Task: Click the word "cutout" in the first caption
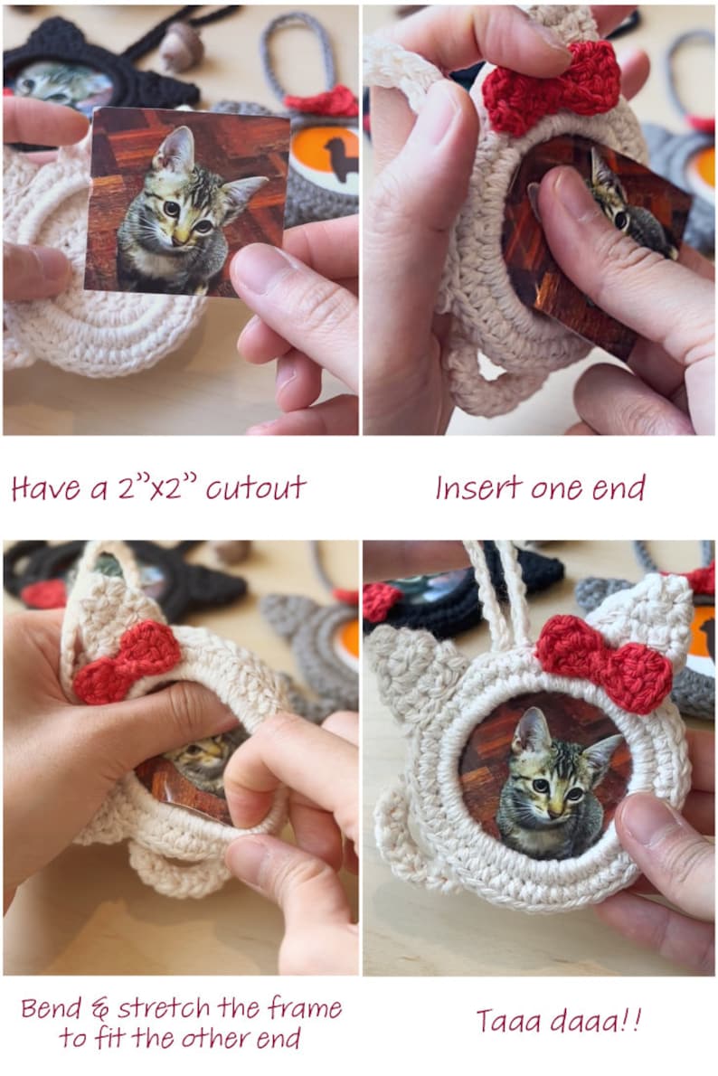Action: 256,488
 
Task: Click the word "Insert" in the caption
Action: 477,488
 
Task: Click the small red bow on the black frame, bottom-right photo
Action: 382,600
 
